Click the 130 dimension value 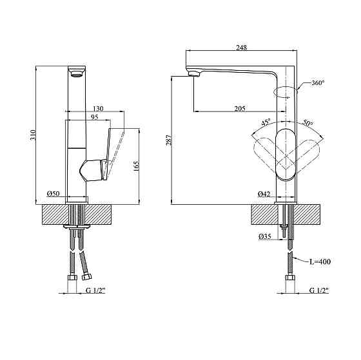coord(99,108)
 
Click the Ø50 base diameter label coord(54,194)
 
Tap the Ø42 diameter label coord(264,194)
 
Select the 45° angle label coord(265,122)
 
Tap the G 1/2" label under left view coord(96,290)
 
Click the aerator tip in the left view coord(75,73)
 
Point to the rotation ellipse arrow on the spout coord(286,91)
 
